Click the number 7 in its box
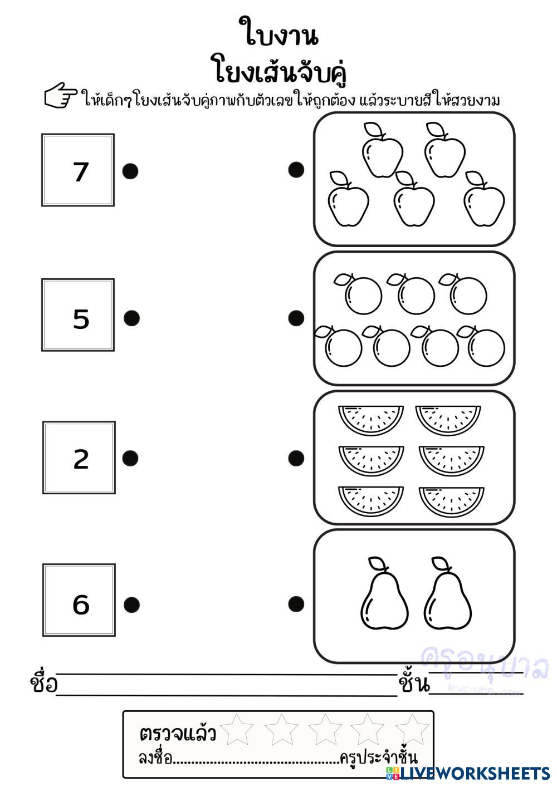(x=81, y=171)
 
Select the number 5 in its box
(x=81, y=318)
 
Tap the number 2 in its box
(x=81, y=459)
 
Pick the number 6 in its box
(x=81, y=604)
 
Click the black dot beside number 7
(x=130, y=171)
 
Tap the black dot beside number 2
(x=130, y=458)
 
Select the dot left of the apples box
(x=296, y=169)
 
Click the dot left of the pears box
(x=296, y=603)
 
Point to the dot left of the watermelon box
(x=296, y=458)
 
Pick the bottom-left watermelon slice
(x=371, y=499)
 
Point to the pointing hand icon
(x=61, y=95)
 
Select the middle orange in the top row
(x=416, y=294)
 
